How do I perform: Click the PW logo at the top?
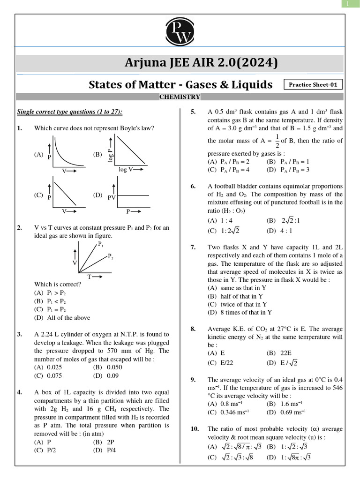click(180, 34)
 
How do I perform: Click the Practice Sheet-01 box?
click(313, 85)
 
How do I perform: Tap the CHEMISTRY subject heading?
click(180, 97)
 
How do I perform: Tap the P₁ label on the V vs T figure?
click(100, 245)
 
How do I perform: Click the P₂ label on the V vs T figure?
click(111, 256)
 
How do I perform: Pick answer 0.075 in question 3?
click(54, 375)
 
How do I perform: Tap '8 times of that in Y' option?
click(240, 312)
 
